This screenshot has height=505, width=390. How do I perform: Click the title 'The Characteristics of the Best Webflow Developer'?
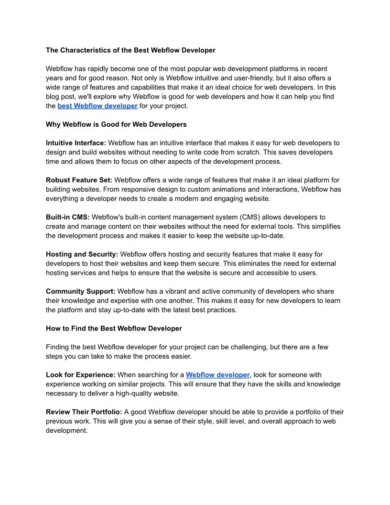[x=130, y=50]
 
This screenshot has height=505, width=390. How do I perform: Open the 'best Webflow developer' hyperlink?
[x=97, y=106]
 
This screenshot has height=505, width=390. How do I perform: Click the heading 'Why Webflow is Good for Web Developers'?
[x=116, y=124]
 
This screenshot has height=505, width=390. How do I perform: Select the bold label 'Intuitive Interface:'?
[x=76, y=143]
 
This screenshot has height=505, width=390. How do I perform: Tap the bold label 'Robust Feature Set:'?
[x=79, y=180]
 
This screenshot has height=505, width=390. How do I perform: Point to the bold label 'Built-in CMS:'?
[x=68, y=217]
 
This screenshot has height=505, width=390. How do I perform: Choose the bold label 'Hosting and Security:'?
[x=82, y=254]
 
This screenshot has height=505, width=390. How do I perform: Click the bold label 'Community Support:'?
[x=80, y=291]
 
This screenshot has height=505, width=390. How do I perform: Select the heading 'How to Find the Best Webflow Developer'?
[x=114, y=329]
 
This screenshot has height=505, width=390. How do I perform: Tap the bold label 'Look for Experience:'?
[x=81, y=375]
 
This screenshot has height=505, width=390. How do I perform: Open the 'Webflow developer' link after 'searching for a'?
[x=217, y=375]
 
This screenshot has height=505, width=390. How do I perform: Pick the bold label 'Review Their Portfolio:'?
[x=84, y=412]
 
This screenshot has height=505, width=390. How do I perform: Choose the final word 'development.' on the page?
[x=67, y=430]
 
